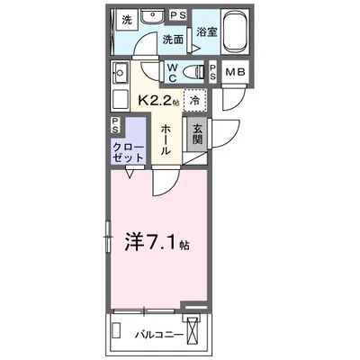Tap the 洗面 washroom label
173,40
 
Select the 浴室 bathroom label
206,31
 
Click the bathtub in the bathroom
236,31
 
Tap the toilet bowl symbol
193,72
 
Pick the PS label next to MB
212,73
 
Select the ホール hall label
167,140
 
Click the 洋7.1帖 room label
156,243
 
